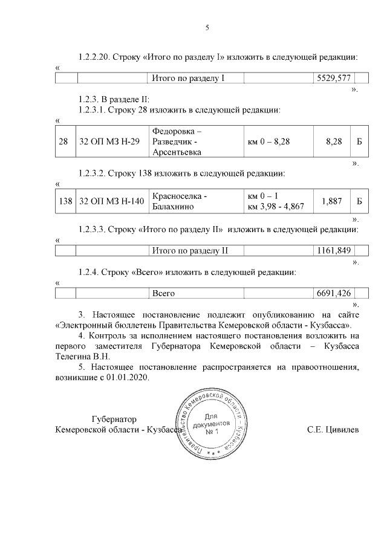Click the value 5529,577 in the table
pos(333,79)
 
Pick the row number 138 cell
pos(65,201)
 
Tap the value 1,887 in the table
pos(332,201)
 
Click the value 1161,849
pos(333,250)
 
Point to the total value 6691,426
pos(333,293)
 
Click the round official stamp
pos(211,428)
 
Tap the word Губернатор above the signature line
pos(114,419)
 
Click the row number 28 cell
pos(63,141)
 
